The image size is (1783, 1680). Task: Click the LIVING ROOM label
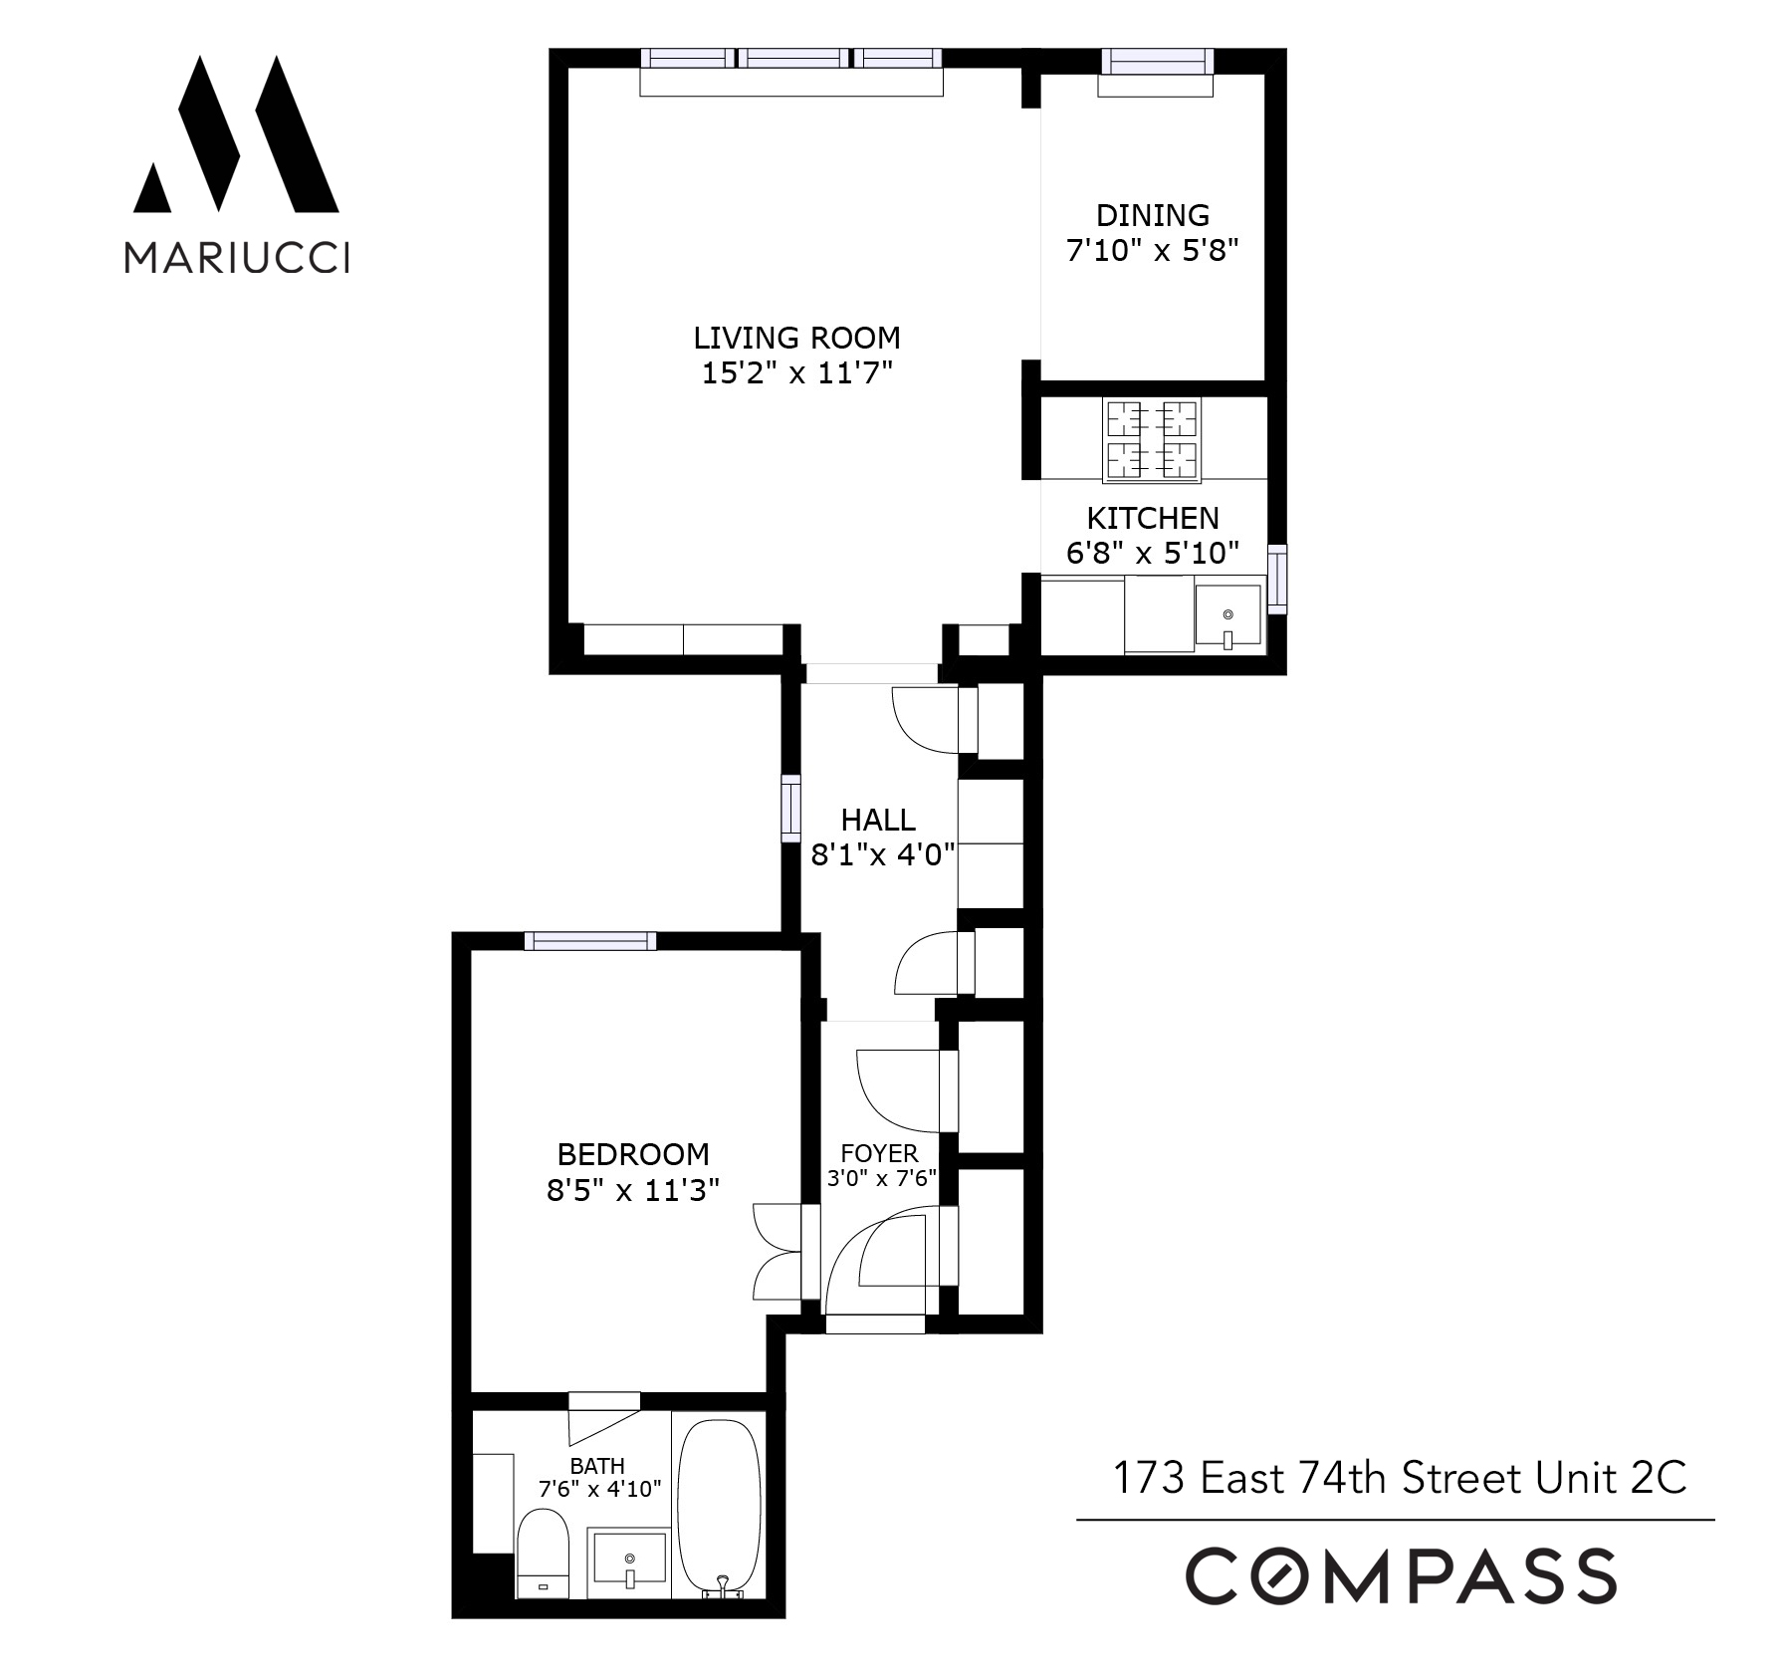[x=796, y=338]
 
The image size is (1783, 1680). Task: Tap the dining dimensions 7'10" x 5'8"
[x=1152, y=250]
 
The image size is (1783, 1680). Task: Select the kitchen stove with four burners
[x=1151, y=439]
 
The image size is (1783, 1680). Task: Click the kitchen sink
[x=1227, y=617]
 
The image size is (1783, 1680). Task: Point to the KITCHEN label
[x=1152, y=518]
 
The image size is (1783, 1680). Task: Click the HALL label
[x=878, y=820]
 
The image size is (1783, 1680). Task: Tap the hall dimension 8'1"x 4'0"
[x=882, y=854]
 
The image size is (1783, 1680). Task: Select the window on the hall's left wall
[x=790, y=809]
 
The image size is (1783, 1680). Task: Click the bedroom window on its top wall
[x=590, y=941]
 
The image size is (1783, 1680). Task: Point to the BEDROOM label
[x=633, y=1154]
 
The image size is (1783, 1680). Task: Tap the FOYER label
[x=879, y=1153]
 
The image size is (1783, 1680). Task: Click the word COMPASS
[x=1400, y=1575]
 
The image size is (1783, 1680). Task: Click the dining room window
[x=1157, y=62]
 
